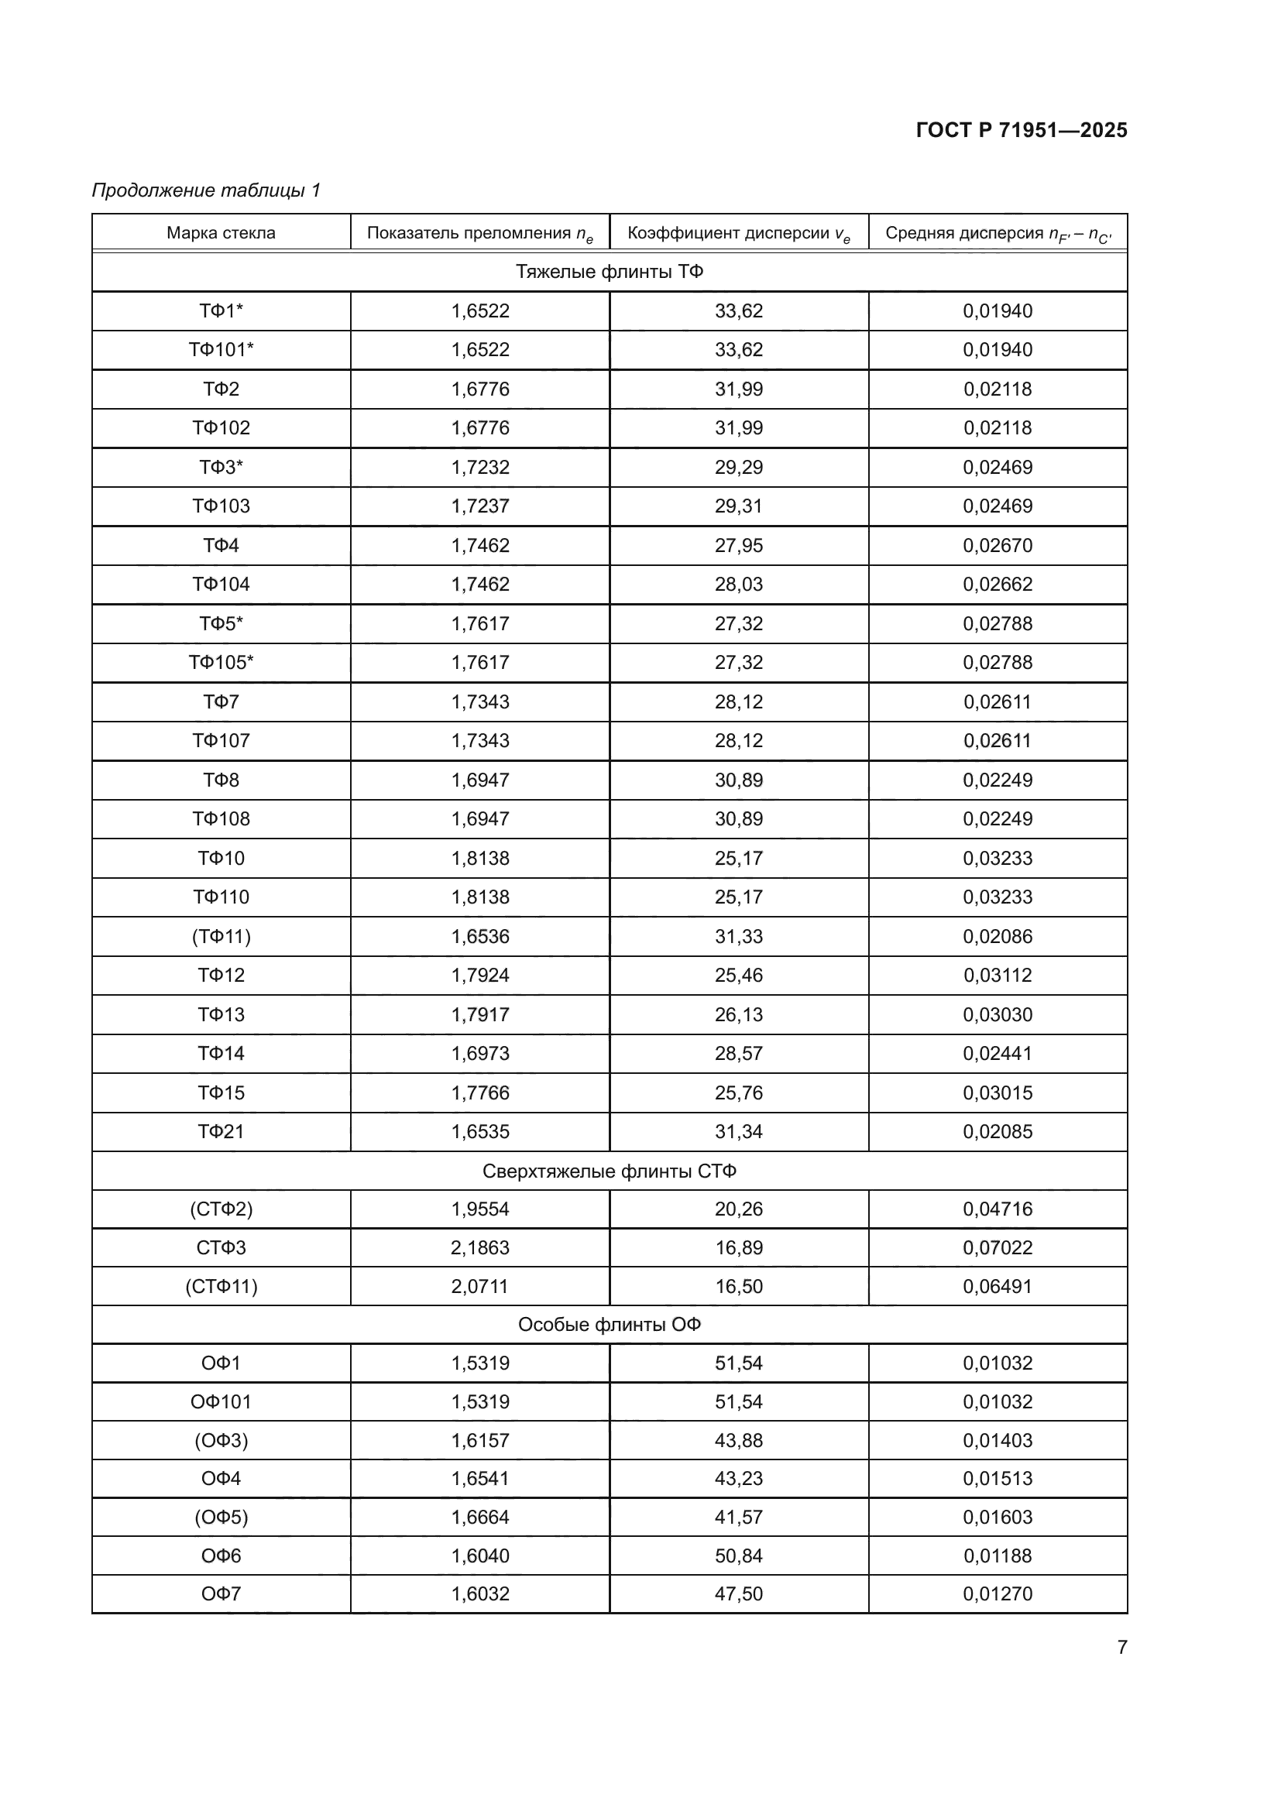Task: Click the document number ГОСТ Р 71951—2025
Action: coord(1021,130)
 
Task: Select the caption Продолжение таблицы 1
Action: coord(206,190)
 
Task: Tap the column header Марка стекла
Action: coord(221,233)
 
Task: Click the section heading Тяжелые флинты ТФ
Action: coord(609,272)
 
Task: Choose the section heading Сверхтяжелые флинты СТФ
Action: coord(609,1171)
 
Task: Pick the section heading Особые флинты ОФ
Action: coord(609,1324)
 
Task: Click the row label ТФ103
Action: coord(221,506)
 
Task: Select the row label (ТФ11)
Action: coord(221,936)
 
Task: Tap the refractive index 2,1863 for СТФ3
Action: coord(479,1248)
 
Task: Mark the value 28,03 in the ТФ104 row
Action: coord(738,585)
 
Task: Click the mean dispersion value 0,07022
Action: coord(997,1248)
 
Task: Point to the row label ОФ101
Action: coord(221,1401)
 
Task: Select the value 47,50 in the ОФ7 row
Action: coord(738,1593)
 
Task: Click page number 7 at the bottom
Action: coord(1121,1647)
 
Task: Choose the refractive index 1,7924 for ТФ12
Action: coord(479,976)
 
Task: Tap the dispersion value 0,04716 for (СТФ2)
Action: coord(997,1209)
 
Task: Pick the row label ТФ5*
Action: coord(221,624)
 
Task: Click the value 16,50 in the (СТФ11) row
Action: coord(738,1287)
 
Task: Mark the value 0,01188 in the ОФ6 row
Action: coord(997,1555)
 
